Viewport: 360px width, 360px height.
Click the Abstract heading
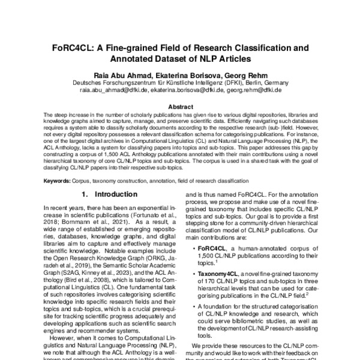click(x=180, y=107)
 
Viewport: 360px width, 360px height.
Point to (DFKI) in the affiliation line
click(x=225, y=82)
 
